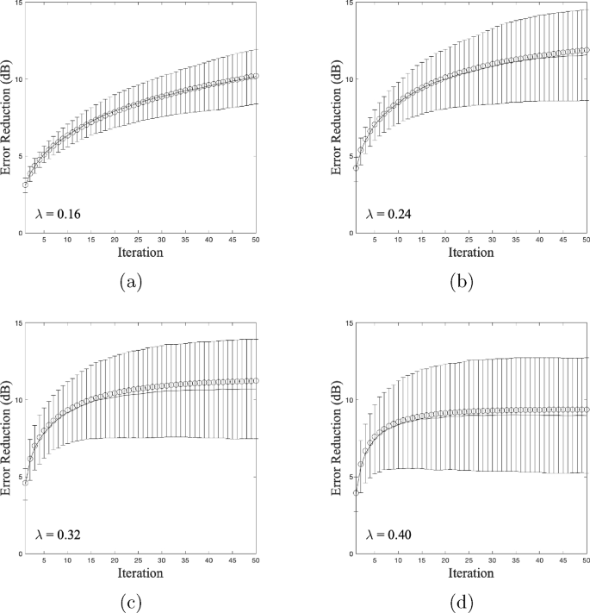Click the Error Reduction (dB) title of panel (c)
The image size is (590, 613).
point(8,438)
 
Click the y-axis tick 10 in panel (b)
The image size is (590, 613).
point(346,79)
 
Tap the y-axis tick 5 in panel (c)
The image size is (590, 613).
point(18,477)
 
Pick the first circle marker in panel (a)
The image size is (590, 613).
point(26,185)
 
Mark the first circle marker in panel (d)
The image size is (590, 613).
point(357,492)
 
